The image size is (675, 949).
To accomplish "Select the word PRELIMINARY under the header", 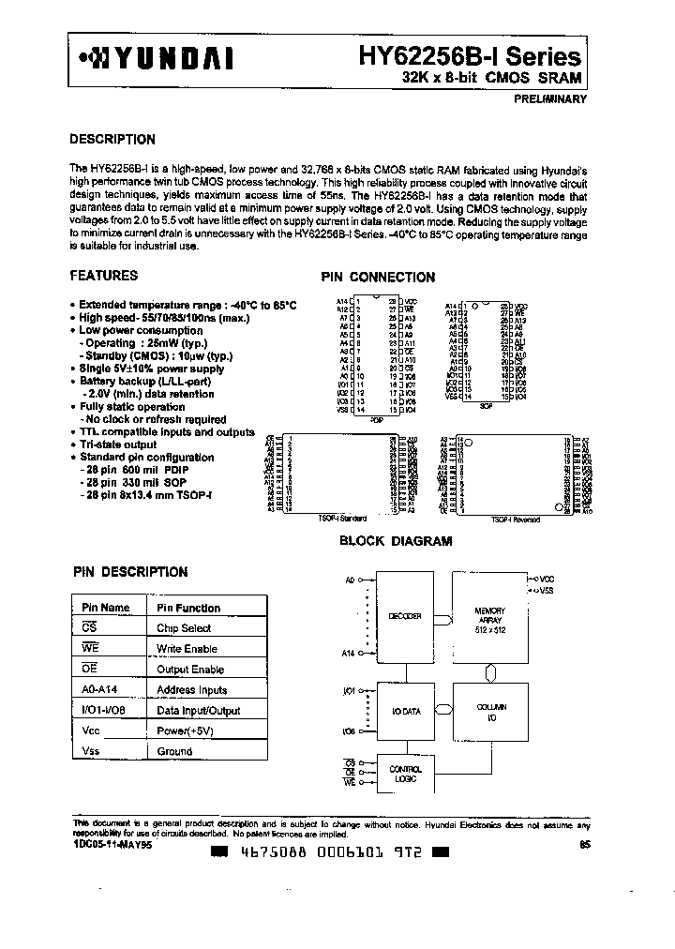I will [x=549, y=98].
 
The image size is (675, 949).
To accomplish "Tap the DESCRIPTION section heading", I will [x=112, y=140].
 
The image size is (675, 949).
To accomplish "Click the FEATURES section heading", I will [x=104, y=276].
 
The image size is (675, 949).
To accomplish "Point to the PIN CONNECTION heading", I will [x=378, y=278].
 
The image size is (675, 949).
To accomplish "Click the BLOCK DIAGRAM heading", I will [x=395, y=541].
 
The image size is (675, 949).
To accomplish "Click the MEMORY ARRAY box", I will [x=489, y=616].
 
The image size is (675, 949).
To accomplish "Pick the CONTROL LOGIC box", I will [x=403, y=775].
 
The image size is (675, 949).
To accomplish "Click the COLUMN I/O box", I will [x=489, y=712].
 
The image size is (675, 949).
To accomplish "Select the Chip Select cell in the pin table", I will [x=184, y=628].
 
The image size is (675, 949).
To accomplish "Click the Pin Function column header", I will [x=188, y=608].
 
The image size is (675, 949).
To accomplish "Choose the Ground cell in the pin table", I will [x=174, y=751].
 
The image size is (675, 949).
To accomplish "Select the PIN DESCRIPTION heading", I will [x=130, y=572].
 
